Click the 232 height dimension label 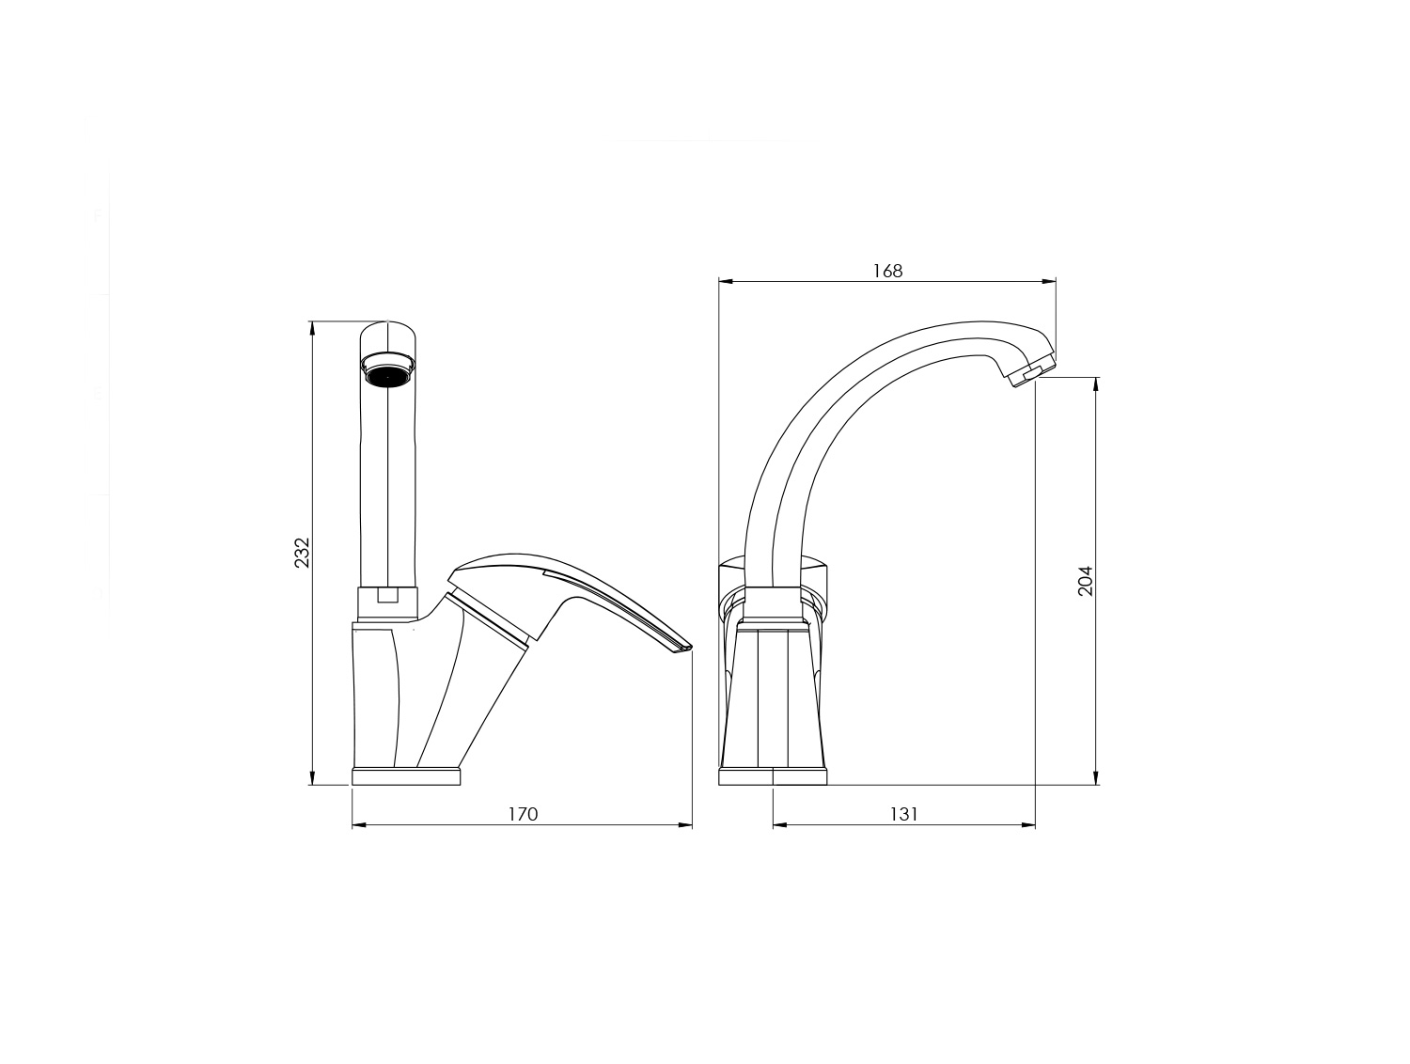(302, 553)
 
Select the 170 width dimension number (523, 814)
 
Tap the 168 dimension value (887, 271)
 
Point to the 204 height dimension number (1085, 581)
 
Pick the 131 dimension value (904, 814)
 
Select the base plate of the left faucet (406, 775)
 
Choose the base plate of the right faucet (773, 775)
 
